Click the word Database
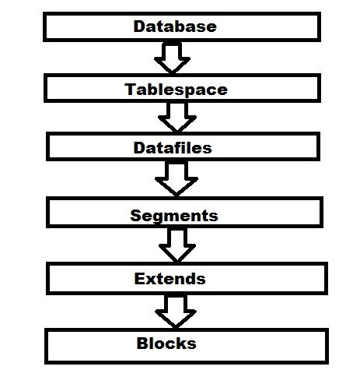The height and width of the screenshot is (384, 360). pos(175,26)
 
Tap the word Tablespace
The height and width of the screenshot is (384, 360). pos(177,90)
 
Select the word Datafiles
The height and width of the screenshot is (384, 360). pos(173,147)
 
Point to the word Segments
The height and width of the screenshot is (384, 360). pos(174,216)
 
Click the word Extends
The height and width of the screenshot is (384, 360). pos(170,279)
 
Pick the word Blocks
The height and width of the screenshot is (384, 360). pos(166,343)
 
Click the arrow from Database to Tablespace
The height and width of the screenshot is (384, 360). pos(172,57)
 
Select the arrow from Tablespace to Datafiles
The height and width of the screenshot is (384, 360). pos(177,117)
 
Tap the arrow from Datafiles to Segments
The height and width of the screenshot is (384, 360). pos(177,178)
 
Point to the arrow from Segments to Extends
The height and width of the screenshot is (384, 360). pos(177,245)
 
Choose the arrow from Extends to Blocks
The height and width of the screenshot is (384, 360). pos(176,311)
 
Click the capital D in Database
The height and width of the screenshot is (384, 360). pos(139,26)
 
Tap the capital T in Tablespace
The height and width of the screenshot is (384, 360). pos(131,89)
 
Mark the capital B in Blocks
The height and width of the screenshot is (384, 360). pos(142,343)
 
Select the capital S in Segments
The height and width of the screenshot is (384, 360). pos(135,216)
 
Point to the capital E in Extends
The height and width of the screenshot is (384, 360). pos(139,279)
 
